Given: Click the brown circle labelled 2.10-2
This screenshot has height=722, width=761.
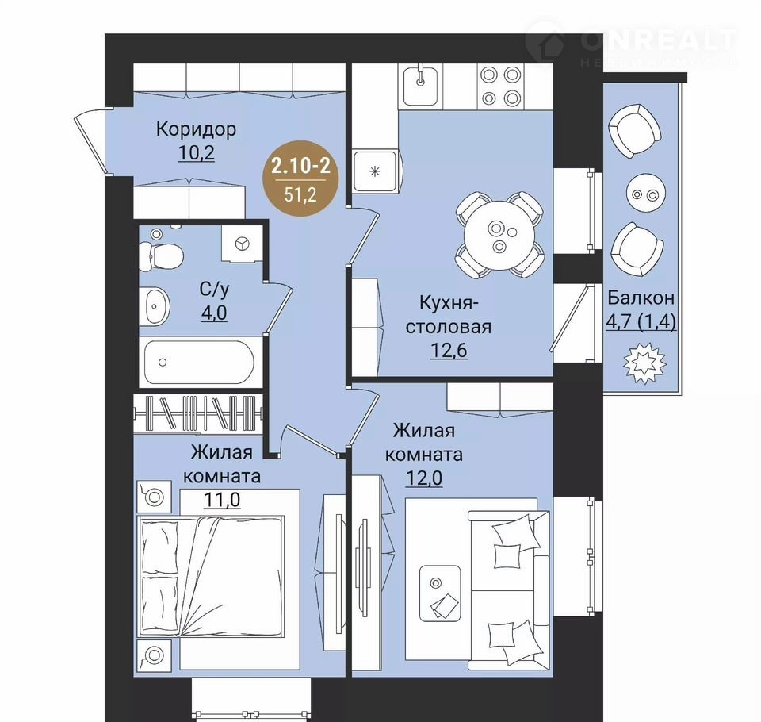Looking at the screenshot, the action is point(301,179).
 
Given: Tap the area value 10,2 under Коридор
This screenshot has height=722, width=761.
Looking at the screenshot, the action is point(196,153).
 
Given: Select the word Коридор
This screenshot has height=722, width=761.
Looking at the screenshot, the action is point(196,129).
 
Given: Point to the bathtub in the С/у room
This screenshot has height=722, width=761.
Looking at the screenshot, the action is point(199,362).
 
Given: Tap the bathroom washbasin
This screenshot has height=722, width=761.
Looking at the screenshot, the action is point(155,306).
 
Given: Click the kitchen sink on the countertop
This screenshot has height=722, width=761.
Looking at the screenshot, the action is point(420,86).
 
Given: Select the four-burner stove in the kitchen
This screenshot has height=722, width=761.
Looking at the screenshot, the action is point(500,86).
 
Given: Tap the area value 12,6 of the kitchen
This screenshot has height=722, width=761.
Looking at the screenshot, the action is point(449,350).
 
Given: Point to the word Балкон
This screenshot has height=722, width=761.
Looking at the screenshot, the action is point(641,298).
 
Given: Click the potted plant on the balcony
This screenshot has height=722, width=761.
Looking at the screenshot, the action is point(644,363).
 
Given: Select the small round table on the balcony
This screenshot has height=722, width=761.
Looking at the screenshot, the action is point(645,194).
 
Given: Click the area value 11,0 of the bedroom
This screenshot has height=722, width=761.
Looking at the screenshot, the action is point(222,500).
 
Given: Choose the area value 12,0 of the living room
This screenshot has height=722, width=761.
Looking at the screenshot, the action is point(423,478).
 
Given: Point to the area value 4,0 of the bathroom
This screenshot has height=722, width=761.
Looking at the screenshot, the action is point(214,313).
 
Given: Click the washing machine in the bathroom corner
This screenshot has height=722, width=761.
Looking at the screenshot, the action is point(243,244).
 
